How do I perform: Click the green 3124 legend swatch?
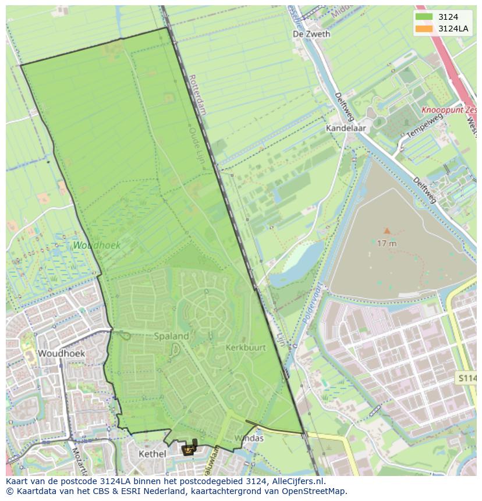[x=424, y=17]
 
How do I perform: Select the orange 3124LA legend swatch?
[x=424, y=29]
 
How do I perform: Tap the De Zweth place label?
[x=311, y=34]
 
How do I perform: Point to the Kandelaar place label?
[x=344, y=127]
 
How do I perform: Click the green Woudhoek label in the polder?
[x=97, y=246]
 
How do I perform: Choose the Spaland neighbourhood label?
[x=171, y=336]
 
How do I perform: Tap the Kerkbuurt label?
[x=246, y=347]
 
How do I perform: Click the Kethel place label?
[x=153, y=454]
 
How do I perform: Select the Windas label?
[x=249, y=438]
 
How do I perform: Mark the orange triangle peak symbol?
[x=387, y=231]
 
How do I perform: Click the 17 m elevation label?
[x=387, y=243]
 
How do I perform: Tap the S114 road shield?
[x=467, y=378]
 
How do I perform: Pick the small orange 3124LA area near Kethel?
[x=189, y=449]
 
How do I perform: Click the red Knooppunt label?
[x=448, y=109]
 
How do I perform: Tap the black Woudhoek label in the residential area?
[x=61, y=353]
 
